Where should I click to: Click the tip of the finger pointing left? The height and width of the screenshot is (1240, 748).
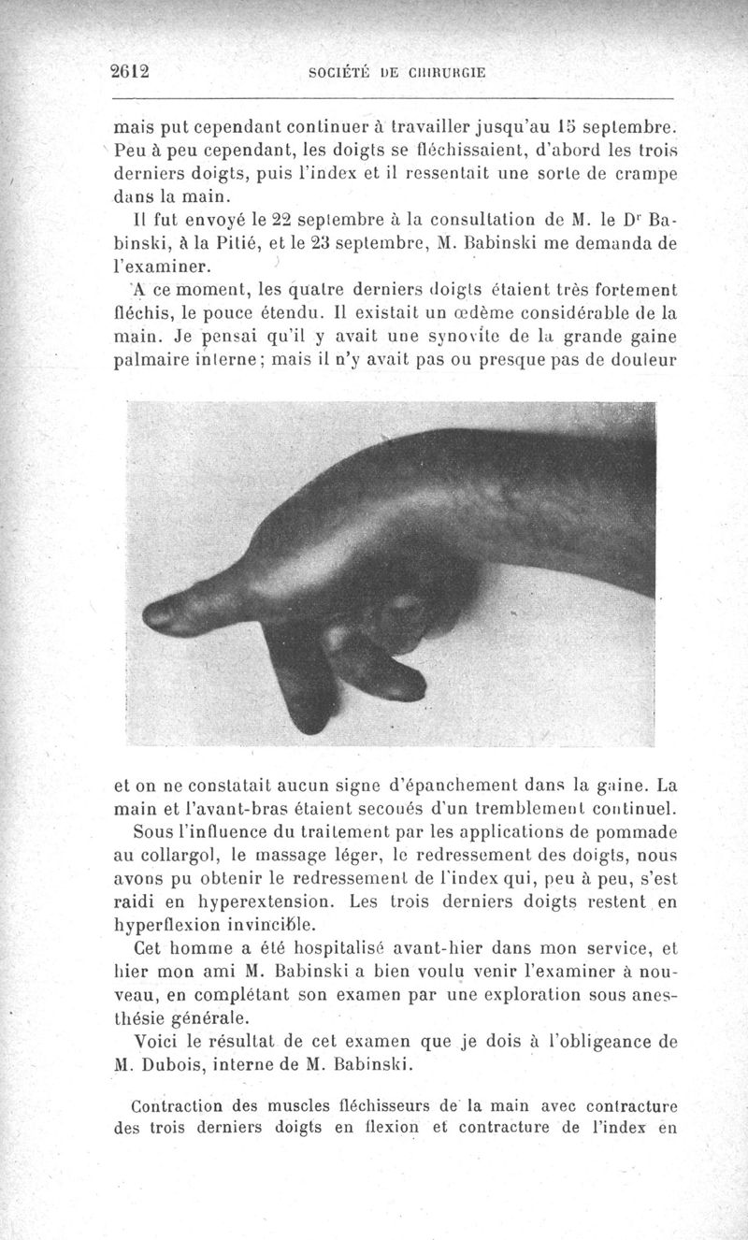point(154,614)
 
